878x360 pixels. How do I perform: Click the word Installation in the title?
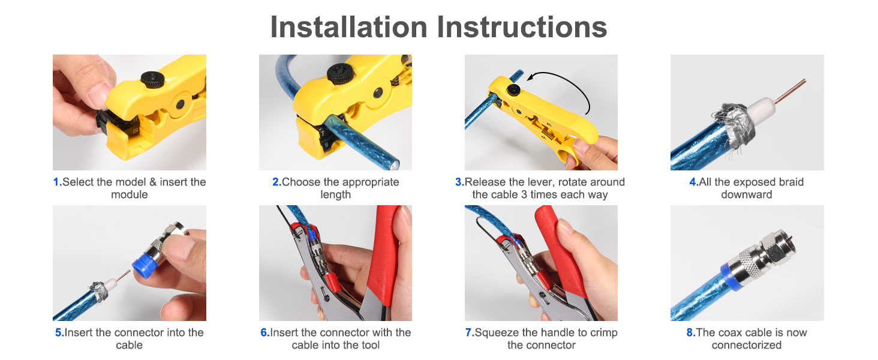pyautogui.click(x=349, y=27)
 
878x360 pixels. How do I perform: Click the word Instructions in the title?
pyautogui.click(x=522, y=27)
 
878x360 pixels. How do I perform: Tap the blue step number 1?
pyautogui.click(x=57, y=182)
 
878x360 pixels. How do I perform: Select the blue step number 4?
pyautogui.click(x=694, y=182)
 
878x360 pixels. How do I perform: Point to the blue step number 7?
pyautogui.click(x=470, y=332)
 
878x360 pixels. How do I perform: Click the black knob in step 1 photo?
pyautogui.click(x=152, y=80)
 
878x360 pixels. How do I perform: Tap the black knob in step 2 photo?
pyautogui.click(x=341, y=73)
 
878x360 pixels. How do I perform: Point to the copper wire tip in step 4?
pyautogui.click(x=804, y=81)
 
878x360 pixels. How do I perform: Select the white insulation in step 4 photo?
pyautogui.click(x=760, y=112)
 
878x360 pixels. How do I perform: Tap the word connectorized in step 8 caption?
pyautogui.click(x=747, y=345)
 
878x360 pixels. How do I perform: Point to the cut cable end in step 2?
pyautogui.click(x=393, y=164)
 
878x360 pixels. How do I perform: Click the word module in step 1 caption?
pyautogui.click(x=130, y=194)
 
